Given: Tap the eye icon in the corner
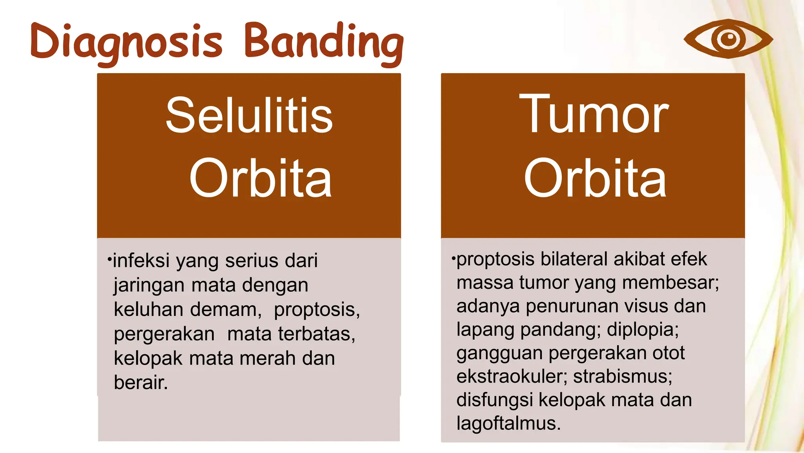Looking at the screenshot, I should tap(728, 39).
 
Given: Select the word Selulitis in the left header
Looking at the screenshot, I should tap(249, 116).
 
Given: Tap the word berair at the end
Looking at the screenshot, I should tap(141, 382).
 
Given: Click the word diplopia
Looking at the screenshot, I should tap(642, 329).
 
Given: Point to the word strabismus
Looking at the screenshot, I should tap(622, 376).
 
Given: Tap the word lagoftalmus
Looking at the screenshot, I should tap(508, 423).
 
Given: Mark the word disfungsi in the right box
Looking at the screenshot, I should tap(494, 400).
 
